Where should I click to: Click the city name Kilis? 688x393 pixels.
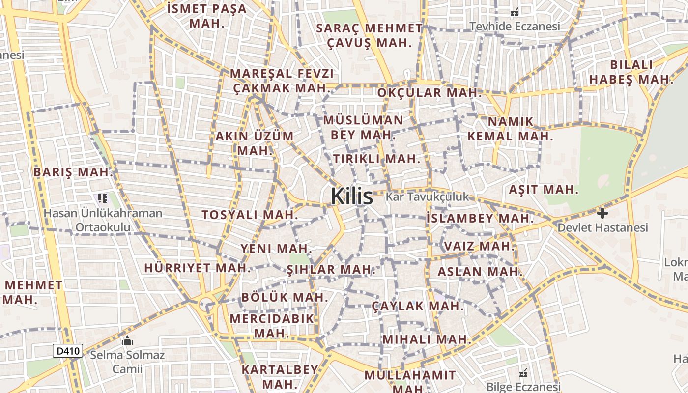click(x=352, y=196)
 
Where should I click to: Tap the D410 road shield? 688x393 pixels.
click(x=68, y=351)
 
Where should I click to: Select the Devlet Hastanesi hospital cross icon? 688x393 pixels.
click(x=602, y=213)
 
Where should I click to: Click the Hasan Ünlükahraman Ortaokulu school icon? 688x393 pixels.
click(x=102, y=198)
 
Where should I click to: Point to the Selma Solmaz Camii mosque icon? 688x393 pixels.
click(x=127, y=340)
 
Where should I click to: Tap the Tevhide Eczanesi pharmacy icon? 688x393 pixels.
click(x=515, y=13)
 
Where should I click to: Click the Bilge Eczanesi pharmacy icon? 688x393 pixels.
click(x=523, y=372)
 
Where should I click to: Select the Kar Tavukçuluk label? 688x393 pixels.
click(x=427, y=197)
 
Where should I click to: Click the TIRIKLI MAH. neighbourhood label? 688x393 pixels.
click(x=377, y=159)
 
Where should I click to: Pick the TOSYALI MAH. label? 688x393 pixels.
click(x=250, y=215)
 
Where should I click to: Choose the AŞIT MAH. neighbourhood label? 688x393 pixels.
click(x=544, y=190)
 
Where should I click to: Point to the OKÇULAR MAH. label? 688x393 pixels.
click(x=430, y=92)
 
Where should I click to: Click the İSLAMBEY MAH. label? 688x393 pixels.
click(x=480, y=218)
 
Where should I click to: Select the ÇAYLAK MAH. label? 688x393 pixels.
click(x=418, y=306)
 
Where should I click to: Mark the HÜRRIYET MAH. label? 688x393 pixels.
click(x=198, y=268)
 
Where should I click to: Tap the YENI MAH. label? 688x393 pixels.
click(x=276, y=248)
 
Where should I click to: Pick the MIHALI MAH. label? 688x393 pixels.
click(x=427, y=339)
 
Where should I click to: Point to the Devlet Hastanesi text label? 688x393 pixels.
click(x=602, y=227)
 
